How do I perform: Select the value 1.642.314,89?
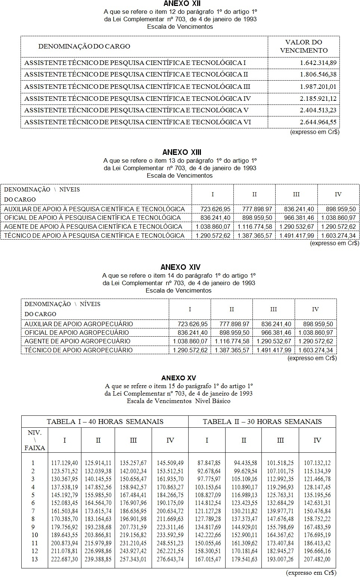[318, 63]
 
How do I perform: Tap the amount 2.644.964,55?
[318, 122]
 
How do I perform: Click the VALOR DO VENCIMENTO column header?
[304, 46]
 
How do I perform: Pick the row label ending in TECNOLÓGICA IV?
[137, 99]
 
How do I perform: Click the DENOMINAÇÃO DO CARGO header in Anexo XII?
[84, 46]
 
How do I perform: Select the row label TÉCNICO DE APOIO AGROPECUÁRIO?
[78, 350]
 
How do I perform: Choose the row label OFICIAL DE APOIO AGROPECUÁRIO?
[77, 333]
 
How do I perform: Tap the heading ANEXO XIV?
[180, 267]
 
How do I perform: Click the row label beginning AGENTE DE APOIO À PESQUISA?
[93, 227]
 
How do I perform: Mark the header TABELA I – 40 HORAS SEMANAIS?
[105, 422]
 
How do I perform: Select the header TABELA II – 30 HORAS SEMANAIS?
[262, 422]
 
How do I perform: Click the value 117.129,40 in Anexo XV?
[65, 463]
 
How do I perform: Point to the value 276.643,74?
[170, 559]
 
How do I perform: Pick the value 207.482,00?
[317, 559]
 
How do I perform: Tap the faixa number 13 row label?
[34, 559]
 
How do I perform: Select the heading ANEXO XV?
[179, 378]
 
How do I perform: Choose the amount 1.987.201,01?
[318, 87]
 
